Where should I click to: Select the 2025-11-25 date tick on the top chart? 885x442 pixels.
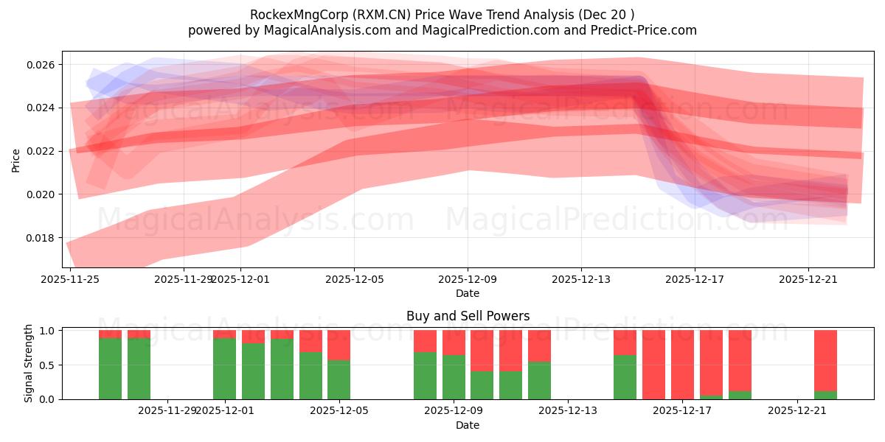[70, 279]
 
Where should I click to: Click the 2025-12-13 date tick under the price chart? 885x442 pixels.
[580, 279]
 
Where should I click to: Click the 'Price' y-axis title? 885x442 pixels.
[16, 159]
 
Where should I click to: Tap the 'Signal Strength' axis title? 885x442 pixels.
[29, 363]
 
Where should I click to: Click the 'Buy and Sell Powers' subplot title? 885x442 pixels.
[468, 316]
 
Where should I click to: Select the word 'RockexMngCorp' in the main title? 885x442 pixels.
[290, 15]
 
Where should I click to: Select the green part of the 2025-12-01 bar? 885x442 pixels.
[225, 368]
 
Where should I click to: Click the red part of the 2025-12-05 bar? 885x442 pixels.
[339, 345]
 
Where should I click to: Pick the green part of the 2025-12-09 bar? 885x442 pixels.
[454, 377]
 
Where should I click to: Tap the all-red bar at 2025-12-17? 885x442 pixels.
[682, 365]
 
